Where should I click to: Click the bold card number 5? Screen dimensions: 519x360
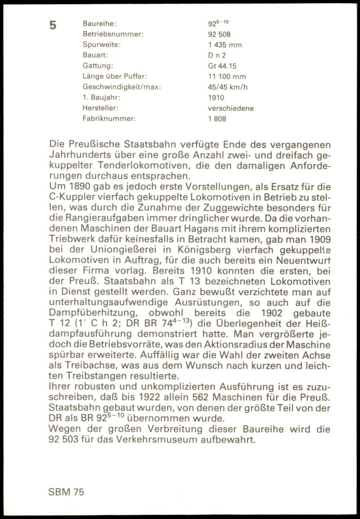53,25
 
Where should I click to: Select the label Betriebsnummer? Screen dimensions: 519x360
113,34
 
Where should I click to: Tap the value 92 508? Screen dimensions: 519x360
219,34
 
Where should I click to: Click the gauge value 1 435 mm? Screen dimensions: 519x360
225,45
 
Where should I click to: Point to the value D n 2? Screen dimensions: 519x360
216,55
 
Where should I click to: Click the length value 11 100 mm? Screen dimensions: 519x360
227,77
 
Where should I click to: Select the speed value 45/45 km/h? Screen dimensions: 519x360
228,87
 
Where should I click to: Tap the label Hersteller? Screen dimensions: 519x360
100,108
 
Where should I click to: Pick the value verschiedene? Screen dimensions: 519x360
230,108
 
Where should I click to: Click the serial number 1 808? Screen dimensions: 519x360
217,119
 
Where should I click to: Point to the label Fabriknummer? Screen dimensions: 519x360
109,119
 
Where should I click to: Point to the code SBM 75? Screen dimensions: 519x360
66,492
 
